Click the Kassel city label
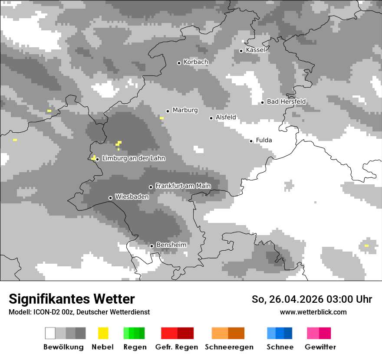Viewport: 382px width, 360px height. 255,50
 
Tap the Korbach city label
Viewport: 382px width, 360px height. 196,62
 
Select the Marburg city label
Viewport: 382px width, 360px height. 185,110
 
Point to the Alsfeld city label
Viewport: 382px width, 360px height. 226,117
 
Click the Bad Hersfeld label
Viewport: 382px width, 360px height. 286,101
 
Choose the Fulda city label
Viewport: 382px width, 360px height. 264,140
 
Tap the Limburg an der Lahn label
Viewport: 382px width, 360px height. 134,158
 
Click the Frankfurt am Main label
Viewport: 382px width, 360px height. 183,186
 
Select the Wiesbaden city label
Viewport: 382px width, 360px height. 132,197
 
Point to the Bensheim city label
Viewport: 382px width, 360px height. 171,245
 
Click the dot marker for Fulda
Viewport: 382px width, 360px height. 251,141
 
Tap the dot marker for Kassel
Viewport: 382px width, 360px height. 241,51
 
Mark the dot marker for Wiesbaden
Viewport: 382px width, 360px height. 110,198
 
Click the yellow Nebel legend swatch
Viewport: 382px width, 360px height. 103,333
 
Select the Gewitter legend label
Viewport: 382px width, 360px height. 320,347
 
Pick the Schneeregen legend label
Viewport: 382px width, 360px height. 229,347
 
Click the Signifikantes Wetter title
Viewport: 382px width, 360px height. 72,299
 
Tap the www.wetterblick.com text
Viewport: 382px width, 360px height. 313,312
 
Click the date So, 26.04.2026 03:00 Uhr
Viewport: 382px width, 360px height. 312,299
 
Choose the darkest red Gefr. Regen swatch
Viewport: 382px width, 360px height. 185,333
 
